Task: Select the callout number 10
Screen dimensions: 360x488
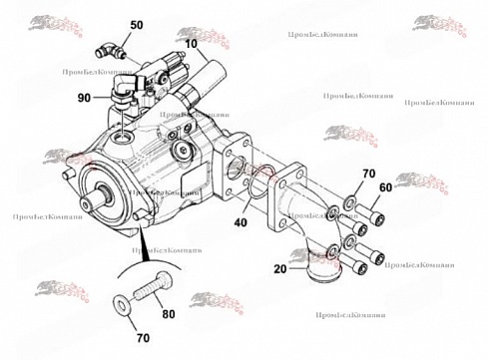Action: tap(190, 45)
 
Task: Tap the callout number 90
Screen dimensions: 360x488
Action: tap(84, 97)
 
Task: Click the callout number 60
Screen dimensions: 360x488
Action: tap(385, 187)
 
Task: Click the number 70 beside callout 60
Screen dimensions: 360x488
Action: tap(368, 174)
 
